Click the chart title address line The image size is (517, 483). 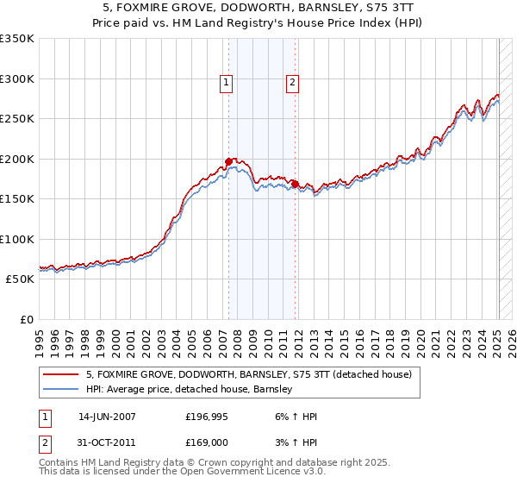tap(258, 8)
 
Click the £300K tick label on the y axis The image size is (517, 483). tap(17, 78)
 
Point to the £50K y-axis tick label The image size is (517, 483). tap(20, 279)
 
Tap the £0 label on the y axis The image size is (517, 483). tap(27, 320)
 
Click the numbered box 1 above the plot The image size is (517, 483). tap(226, 83)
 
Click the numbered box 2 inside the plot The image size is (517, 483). tap(292, 83)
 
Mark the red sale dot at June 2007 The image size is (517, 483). tap(228, 161)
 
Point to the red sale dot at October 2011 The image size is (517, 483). tap(295, 184)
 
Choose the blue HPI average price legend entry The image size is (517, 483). tap(190, 390)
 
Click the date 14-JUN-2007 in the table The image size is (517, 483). tap(107, 417)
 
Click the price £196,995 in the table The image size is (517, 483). tap(207, 417)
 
